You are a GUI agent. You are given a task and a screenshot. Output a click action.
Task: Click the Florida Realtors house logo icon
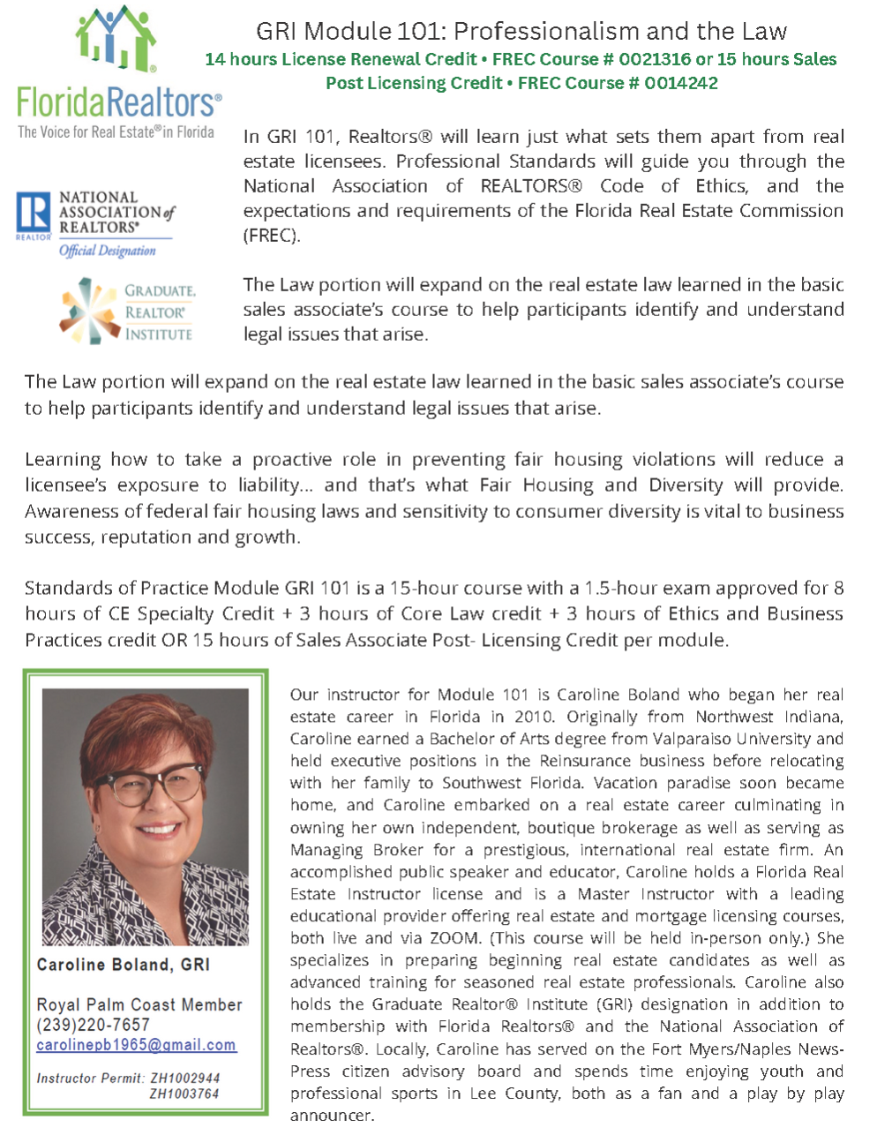[x=116, y=39]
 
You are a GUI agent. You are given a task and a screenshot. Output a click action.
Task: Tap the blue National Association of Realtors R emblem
[x=34, y=215]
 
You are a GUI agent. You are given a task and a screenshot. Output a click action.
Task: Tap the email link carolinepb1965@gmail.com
[x=136, y=1045]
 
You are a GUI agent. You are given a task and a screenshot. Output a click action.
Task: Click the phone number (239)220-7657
[x=94, y=1025]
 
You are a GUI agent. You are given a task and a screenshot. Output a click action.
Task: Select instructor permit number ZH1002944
[x=184, y=1078]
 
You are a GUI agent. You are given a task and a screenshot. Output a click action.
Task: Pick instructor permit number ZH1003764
[x=184, y=1094]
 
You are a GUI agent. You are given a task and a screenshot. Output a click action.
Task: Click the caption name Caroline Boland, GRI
[x=124, y=965]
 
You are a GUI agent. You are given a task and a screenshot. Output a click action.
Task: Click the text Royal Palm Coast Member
[x=139, y=1004]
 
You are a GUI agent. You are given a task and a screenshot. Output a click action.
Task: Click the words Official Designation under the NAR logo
[x=107, y=251]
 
